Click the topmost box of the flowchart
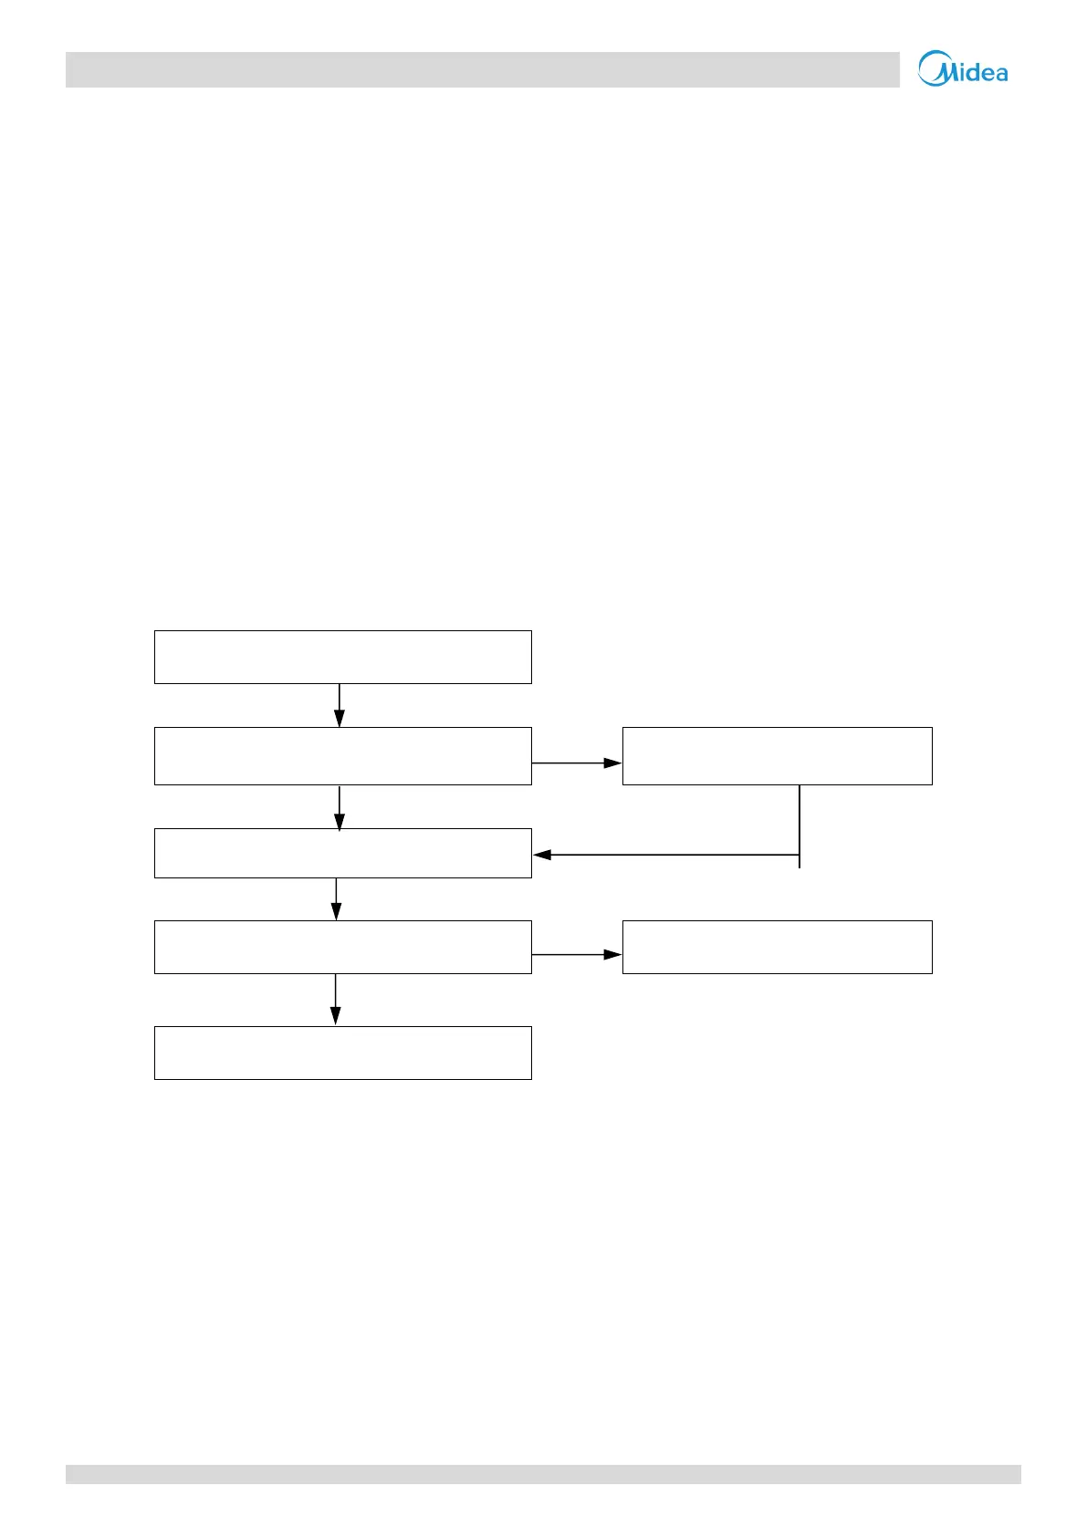click(342, 657)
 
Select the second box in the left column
click(342, 756)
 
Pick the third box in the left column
click(342, 853)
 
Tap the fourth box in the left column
click(342, 947)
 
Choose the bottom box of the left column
click(342, 1053)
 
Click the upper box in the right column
click(777, 756)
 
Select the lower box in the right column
click(777, 947)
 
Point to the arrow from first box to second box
click(340, 705)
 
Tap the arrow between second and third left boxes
click(340, 807)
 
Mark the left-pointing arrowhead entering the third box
click(542, 855)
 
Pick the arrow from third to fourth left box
click(336, 899)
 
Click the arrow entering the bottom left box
click(335, 1000)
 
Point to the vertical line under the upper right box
click(800, 825)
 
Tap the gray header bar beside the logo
click(482, 69)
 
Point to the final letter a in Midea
click(1000, 74)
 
